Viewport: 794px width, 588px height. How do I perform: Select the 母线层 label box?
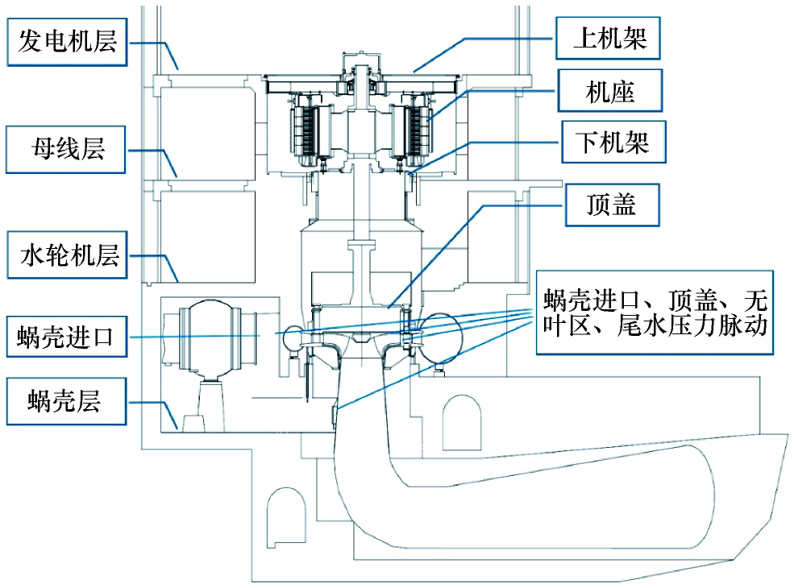click(x=68, y=149)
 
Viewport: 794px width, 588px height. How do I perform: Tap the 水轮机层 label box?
click(x=68, y=256)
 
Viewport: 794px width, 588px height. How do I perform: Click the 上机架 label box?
click(x=609, y=37)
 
